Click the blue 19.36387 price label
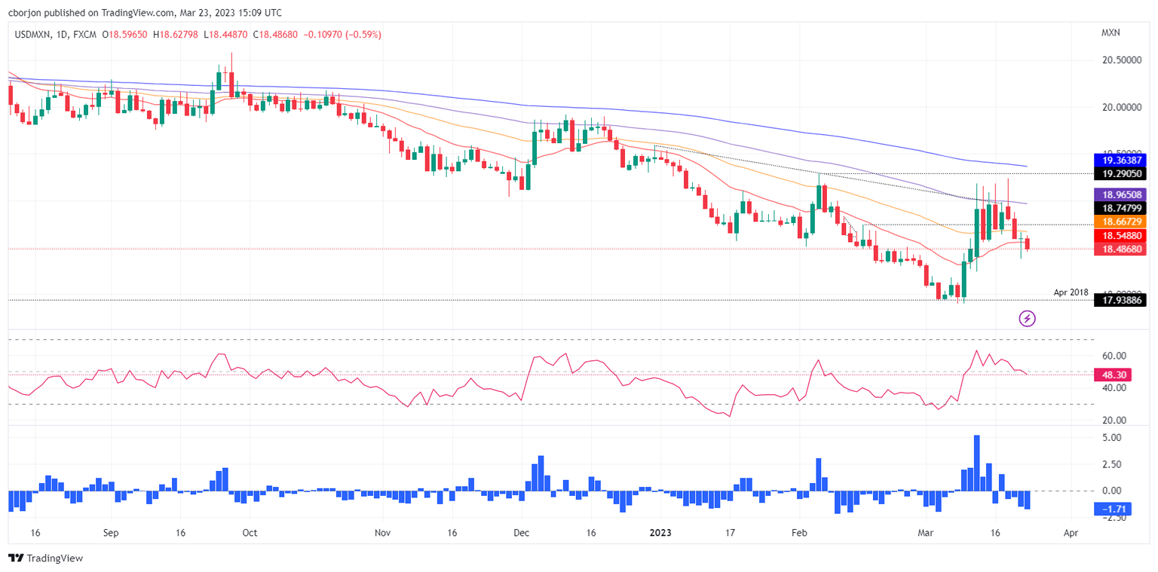coord(1119,160)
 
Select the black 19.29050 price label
coord(1119,173)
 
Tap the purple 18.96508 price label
coord(1119,194)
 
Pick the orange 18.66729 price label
coord(1119,222)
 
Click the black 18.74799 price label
coord(1119,207)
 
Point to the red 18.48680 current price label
coord(1119,249)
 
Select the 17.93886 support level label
coord(1119,300)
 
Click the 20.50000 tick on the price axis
coord(1119,60)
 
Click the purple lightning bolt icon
coord(1027,318)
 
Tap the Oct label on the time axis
coord(250,532)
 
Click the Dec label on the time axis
coord(522,532)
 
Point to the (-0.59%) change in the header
coord(363,35)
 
